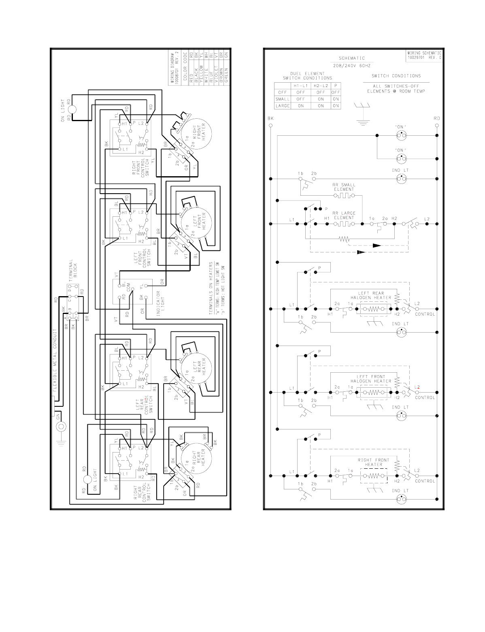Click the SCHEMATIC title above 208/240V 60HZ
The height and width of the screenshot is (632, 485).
[x=352, y=58]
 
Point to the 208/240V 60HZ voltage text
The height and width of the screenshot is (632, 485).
[x=352, y=65]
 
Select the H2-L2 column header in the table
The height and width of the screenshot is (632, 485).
[x=321, y=86]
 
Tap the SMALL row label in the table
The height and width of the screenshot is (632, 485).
[x=283, y=99]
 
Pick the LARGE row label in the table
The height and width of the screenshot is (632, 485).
[x=283, y=106]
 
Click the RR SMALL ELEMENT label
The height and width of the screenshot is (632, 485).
[x=344, y=187]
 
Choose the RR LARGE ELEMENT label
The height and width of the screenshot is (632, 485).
[x=344, y=215]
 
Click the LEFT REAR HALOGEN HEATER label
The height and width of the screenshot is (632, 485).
[x=371, y=295]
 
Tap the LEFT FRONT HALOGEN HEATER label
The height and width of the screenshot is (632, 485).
[x=371, y=379]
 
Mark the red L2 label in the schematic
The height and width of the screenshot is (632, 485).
[x=417, y=387]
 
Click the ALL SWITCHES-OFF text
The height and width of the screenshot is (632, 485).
[x=396, y=86]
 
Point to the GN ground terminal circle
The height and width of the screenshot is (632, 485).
[x=62, y=426]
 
